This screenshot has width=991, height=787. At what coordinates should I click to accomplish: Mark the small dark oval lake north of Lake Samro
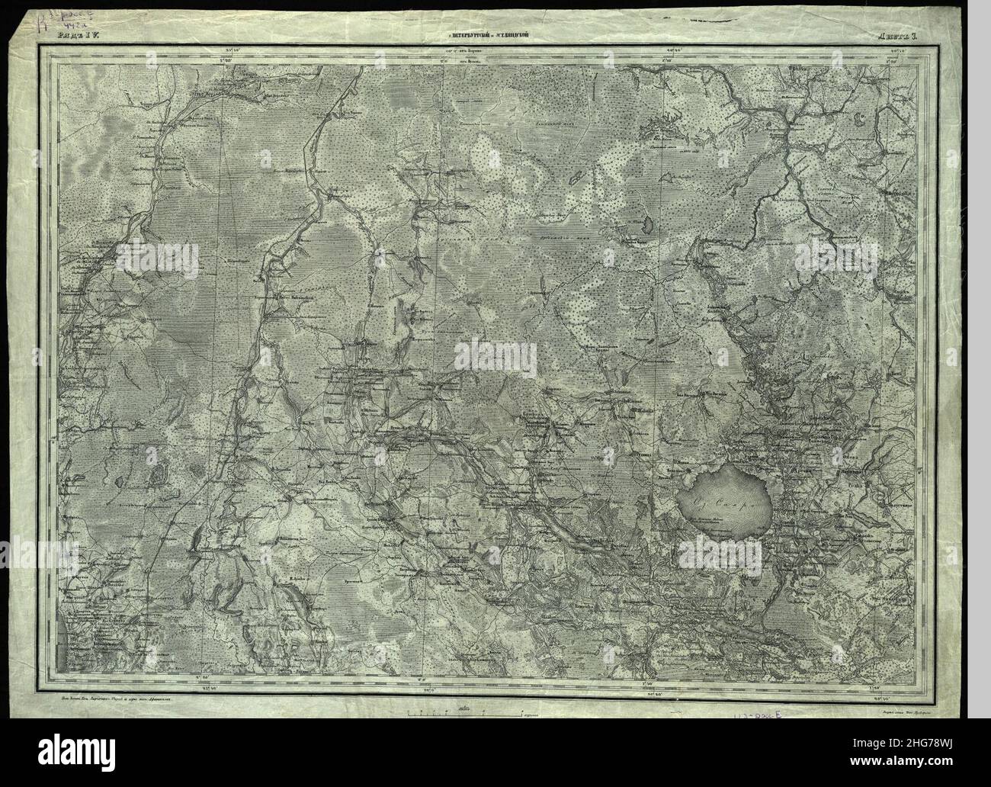(x=645, y=225)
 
